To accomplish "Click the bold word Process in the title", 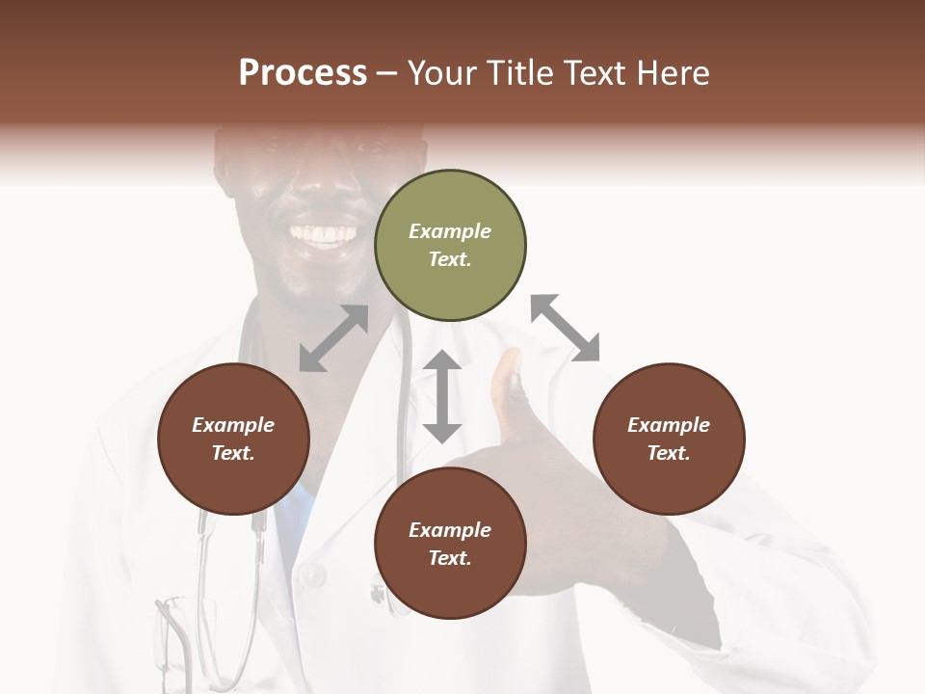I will (303, 73).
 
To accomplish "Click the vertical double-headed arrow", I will (442, 396).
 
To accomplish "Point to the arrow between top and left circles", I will (333, 338).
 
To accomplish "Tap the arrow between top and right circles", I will (566, 328).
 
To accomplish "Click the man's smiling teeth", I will (324, 234).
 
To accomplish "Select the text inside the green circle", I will (450, 245).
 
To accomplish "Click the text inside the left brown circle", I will (233, 439).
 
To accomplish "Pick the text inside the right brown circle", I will (669, 439).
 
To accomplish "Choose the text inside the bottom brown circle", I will (450, 544).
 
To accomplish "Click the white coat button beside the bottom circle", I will (311, 575).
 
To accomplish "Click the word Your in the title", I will (441, 73).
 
